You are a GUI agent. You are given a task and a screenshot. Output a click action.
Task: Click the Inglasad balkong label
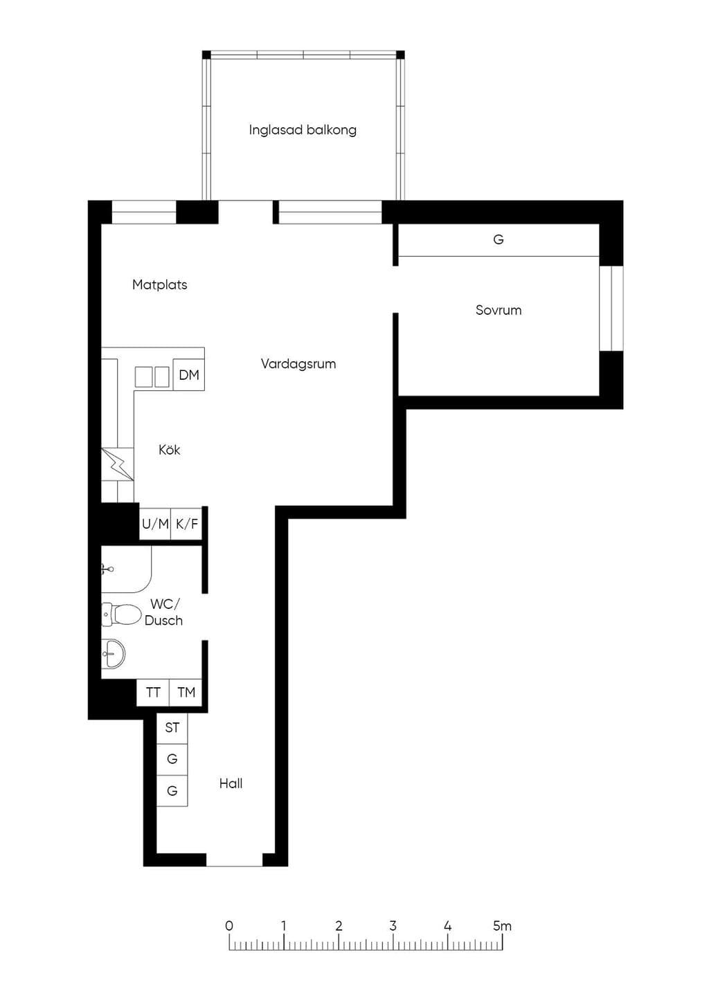point(303,130)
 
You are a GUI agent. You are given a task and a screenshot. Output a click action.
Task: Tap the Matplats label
point(160,284)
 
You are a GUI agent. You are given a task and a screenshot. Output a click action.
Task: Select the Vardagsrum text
point(298,364)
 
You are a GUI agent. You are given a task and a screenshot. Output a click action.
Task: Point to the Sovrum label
point(499,310)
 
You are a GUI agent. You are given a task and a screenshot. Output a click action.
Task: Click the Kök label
point(169,450)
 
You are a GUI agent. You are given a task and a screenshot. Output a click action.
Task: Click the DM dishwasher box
point(189,374)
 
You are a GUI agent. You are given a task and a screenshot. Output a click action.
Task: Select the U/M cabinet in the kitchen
point(155,523)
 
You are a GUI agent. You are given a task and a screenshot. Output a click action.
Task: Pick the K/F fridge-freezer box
point(187,523)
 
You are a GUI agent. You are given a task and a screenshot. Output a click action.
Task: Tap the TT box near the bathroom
point(153,693)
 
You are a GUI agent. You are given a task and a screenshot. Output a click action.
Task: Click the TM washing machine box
point(186,693)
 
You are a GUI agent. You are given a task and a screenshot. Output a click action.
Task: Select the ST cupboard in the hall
point(172,728)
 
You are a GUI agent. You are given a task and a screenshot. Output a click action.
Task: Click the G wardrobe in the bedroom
point(499,239)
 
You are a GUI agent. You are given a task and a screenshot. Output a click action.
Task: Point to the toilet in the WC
point(121,614)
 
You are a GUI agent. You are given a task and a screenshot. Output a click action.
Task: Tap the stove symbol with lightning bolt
point(118,464)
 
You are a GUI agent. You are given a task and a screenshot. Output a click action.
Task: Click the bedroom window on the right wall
point(611,308)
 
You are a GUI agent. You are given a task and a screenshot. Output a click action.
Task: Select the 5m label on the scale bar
point(502,926)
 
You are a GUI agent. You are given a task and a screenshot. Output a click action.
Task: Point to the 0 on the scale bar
point(228,926)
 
